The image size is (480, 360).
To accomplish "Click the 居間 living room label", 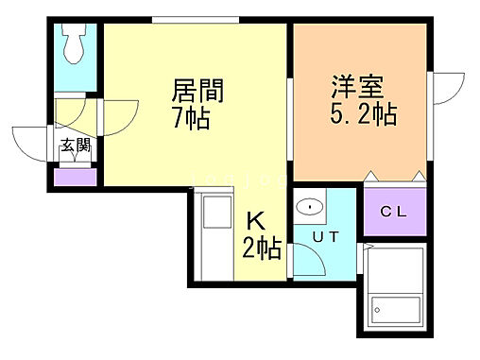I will point(191,93).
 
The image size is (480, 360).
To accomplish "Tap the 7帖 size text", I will point(191,121).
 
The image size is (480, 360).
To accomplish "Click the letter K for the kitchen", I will point(255,222).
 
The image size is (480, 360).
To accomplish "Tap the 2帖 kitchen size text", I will point(262,249).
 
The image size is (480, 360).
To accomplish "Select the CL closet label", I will point(392,211).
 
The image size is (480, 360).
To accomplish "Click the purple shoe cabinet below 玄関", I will point(74,175).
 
